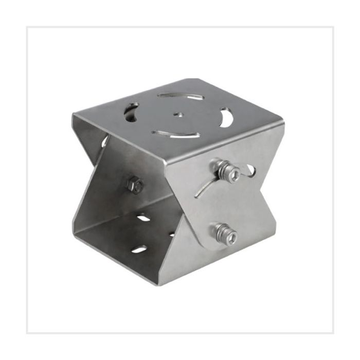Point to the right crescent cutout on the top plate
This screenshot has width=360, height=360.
click(226, 117)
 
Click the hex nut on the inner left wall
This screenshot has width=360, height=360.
click(135, 184)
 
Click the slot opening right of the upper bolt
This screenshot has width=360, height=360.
click(250, 169)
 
